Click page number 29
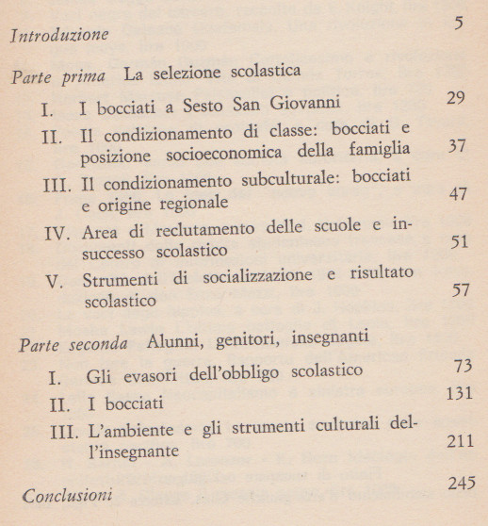tap(457, 98)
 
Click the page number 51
tap(459, 242)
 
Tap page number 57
tap(459, 290)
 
